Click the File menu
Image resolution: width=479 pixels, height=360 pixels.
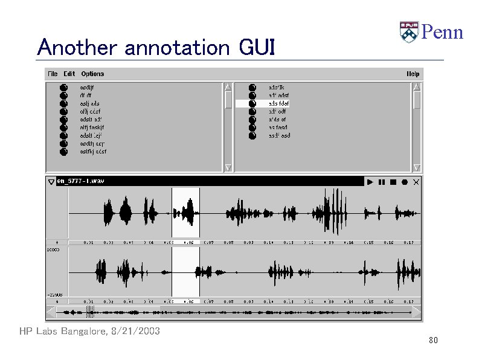[x=53, y=74]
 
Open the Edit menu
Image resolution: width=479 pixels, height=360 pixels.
[x=69, y=74]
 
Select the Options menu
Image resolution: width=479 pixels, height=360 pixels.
[x=92, y=74]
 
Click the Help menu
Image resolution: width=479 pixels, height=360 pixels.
[x=413, y=74]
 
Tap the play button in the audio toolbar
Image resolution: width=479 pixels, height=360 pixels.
[x=370, y=182]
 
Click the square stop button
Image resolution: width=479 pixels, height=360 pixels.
[x=393, y=182]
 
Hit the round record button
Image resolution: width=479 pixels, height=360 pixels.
[x=404, y=182]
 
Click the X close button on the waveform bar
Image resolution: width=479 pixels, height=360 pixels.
[x=416, y=182]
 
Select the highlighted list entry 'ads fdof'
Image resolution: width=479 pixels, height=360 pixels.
[x=278, y=104]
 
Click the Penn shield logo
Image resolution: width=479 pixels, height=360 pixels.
[x=408, y=31]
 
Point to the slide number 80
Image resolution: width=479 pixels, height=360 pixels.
[x=432, y=341]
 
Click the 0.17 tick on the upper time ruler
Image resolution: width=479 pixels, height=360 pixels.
[x=408, y=242]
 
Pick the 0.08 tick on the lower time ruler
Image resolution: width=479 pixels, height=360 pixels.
[x=228, y=301]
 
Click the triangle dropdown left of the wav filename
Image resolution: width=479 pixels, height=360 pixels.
[x=51, y=181]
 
